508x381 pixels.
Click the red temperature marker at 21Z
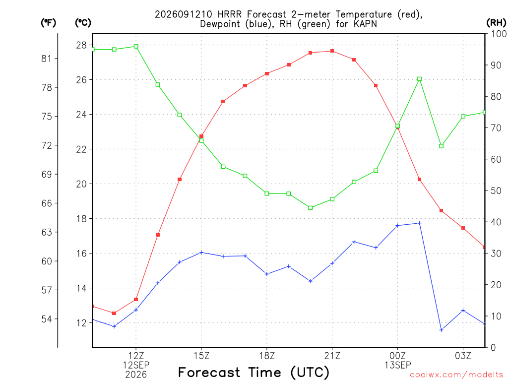point(332,51)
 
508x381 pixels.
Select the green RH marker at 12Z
point(136,46)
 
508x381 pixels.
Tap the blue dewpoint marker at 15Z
point(201,253)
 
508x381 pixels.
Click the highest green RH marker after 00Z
point(419,79)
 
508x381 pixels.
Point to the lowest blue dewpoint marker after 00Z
point(441,330)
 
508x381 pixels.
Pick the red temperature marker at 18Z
point(267,73)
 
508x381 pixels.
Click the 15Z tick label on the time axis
point(201,356)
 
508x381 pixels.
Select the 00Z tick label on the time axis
point(397,356)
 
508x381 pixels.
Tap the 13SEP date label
point(397,365)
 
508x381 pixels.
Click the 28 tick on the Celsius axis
point(81,45)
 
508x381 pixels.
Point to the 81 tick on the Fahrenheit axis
point(47,59)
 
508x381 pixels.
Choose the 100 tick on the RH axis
point(498,34)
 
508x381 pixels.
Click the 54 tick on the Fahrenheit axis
point(47,319)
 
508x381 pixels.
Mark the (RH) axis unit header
point(496,22)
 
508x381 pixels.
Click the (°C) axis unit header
point(83,22)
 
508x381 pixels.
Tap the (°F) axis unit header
point(48,22)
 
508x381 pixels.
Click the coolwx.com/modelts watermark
point(456,375)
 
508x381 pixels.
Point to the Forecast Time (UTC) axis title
point(254,372)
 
